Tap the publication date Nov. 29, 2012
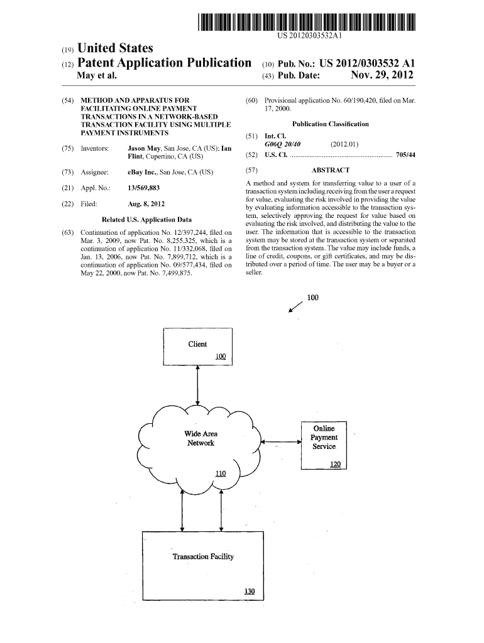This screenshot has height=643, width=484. click(382, 76)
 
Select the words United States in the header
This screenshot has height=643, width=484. click(115, 48)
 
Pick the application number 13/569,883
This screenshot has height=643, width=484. click(143, 188)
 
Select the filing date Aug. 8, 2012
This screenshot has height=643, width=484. click(146, 203)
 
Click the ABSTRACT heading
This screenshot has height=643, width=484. click(330, 170)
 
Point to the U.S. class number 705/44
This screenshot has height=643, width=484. click(405, 154)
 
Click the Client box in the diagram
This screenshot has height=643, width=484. click(197, 346)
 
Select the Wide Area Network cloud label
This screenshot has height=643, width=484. click(201, 438)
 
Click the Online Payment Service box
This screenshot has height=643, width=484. click(324, 445)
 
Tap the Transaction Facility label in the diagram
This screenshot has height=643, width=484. click(202, 556)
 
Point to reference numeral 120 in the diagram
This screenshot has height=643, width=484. click(335, 465)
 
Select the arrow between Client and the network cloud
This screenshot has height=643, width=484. click(198, 386)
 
